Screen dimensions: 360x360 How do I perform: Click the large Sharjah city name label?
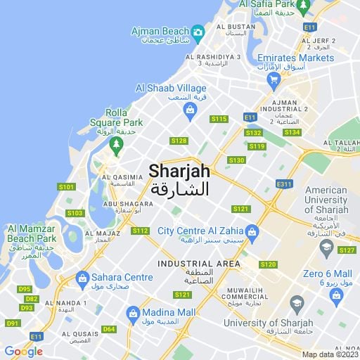click(179, 170)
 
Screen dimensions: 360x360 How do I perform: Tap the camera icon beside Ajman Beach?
click(198, 32)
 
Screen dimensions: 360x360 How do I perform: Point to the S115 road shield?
click(219, 119)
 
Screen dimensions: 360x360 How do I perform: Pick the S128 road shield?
click(179, 141)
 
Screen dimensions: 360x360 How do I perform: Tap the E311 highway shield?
click(284, 184)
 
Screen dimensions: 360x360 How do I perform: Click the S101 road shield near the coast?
click(66, 187)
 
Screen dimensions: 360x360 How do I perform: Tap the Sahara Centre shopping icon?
click(82, 278)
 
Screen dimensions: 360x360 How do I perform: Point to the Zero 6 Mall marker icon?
click(326, 246)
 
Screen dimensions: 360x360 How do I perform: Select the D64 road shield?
click(108, 328)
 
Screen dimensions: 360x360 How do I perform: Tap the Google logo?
click(23, 351)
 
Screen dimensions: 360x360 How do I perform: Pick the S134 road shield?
click(292, 132)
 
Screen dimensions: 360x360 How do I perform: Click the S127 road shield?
click(347, 250)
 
